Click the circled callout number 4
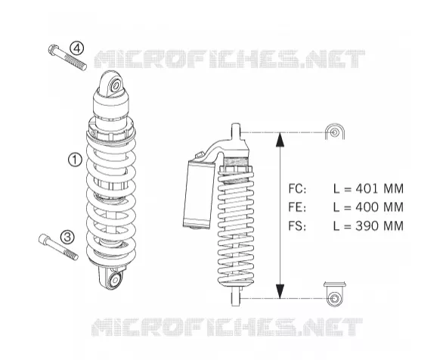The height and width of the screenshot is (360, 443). (77, 48)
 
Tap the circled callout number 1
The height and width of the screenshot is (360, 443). (75, 160)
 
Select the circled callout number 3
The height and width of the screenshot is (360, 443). (67, 237)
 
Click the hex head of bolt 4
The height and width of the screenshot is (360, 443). (53, 50)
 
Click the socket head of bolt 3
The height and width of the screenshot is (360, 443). (44, 239)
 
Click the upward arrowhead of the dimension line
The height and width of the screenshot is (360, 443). (280, 140)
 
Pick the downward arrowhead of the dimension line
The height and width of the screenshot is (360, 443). (280, 290)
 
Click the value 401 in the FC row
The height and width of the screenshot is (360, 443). (367, 189)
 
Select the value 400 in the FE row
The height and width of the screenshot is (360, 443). (367, 207)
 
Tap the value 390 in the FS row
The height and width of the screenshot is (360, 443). (367, 226)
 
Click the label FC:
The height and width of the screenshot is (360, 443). (297, 189)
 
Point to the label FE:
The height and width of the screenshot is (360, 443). (297, 207)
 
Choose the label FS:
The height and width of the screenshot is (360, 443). (297, 226)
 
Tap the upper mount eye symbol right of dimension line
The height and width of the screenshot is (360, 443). (334, 132)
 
